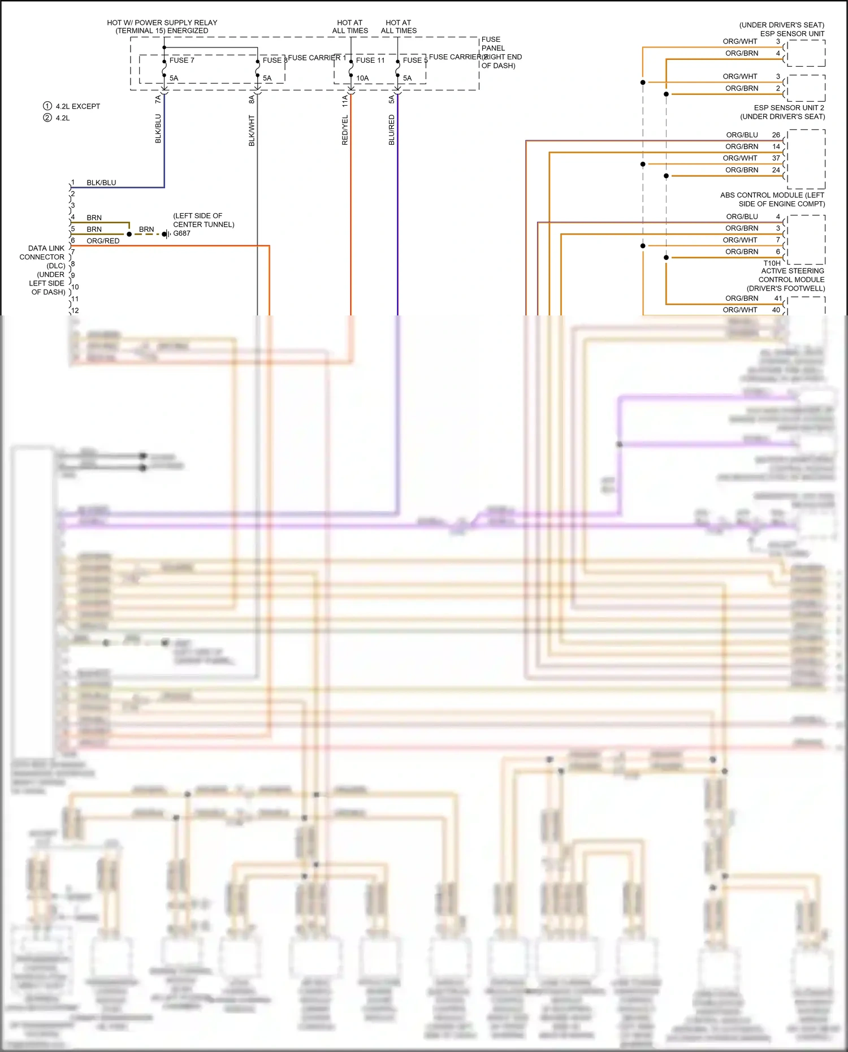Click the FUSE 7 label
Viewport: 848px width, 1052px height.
tap(181, 60)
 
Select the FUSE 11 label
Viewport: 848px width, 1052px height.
tap(370, 60)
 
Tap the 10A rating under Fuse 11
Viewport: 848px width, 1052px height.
tap(362, 79)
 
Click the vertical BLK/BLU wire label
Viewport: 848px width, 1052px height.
tap(158, 129)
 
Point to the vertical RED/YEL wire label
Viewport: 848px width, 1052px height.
tap(345, 131)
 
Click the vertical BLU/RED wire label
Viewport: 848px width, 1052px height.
tap(391, 130)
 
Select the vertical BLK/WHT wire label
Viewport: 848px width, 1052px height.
tap(252, 131)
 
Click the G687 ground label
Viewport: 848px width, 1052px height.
tap(181, 233)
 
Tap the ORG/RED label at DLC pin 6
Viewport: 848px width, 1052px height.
tap(103, 241)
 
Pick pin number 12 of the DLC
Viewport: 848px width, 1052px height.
tap(75, 310)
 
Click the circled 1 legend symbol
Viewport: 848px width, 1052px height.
tap(47, 106)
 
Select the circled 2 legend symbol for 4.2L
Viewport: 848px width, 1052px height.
tap(47, 118)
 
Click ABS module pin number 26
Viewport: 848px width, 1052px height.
tap(776, 135)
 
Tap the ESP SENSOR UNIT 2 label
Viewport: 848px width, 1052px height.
tap(789, 108)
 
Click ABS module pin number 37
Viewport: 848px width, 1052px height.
tap(776, 158)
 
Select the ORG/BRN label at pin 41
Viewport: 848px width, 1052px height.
tap(742, 298)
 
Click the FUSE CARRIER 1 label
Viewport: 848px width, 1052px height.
tap(317, 58)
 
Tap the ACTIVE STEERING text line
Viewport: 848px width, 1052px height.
tap(792, 271)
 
